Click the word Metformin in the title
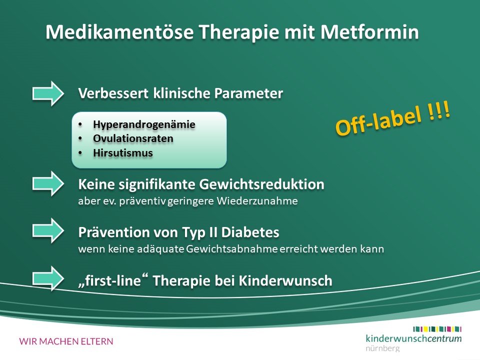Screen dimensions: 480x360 369,32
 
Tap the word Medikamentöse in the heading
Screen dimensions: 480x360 119,32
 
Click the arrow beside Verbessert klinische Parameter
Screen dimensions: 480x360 48,93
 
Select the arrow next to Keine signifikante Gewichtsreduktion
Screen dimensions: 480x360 48,183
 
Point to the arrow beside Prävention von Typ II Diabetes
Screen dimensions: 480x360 48,231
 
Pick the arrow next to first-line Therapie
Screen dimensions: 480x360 48,278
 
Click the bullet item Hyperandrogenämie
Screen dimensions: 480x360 144,124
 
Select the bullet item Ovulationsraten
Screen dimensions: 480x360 133,138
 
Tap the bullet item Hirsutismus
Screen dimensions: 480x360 123,153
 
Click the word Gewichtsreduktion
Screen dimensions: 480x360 261,184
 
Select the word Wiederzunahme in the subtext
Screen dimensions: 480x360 257,201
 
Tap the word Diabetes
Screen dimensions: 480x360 250,232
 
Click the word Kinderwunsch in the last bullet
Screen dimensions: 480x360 285,280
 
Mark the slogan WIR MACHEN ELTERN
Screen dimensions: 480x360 66,341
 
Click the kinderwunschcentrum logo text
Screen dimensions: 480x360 413,338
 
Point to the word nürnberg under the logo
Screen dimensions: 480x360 382,348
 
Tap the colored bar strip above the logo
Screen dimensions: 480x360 437,329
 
